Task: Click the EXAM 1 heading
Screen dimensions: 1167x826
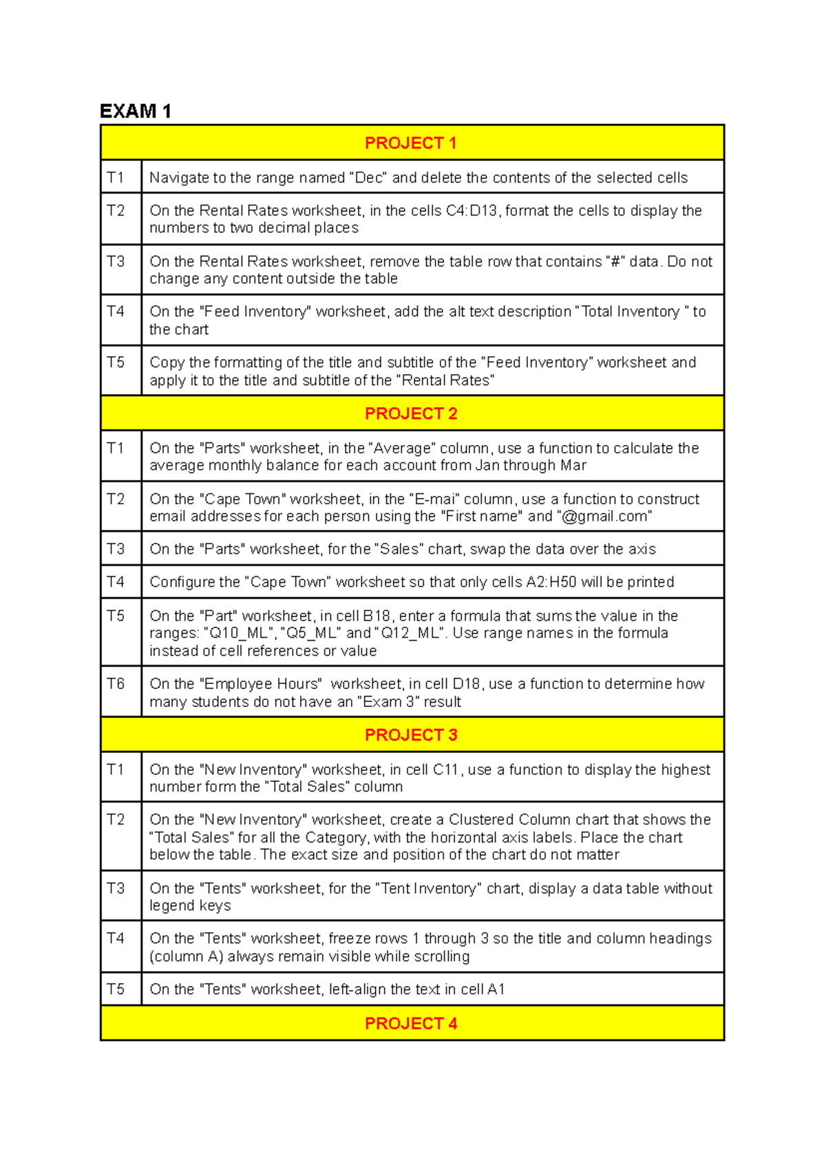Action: tap(136, 111)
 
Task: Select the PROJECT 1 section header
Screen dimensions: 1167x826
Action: tap(411, 143)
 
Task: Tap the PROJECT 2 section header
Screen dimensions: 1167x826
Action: tap(411, 413)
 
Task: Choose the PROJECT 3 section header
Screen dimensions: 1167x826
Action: tap(411, 735)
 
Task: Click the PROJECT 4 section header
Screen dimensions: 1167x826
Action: tap(411, 1024)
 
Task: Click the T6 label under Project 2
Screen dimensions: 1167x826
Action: tap(116, 683)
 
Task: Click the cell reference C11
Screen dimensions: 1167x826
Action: tap(446, 770)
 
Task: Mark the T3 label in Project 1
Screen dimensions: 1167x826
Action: tap(116, 262)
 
